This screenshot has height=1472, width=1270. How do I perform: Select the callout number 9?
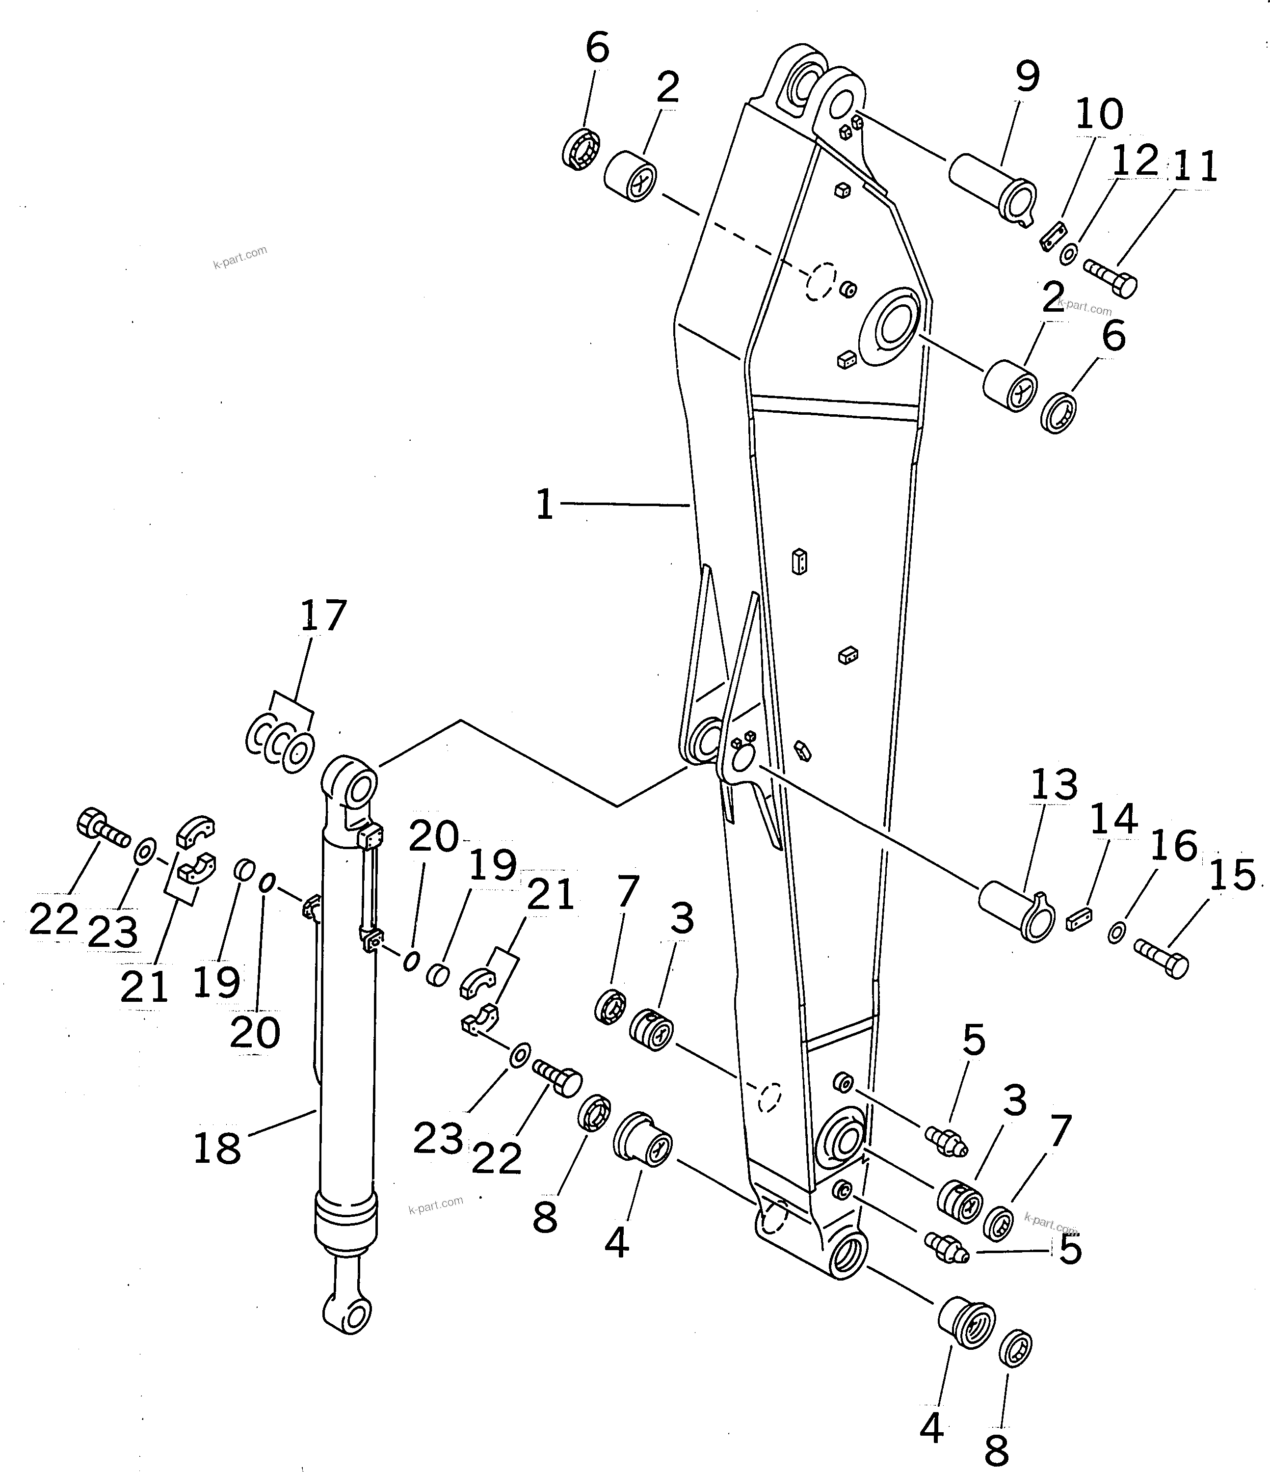point(1027,76)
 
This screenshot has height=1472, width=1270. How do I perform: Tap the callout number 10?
point(1100,114)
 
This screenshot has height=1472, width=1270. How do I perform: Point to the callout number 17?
point(323,615)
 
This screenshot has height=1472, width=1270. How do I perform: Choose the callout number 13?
point(1054,786)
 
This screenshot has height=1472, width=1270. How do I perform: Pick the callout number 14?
point(1113,819)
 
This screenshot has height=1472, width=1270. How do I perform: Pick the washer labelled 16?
point(1116,932)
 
